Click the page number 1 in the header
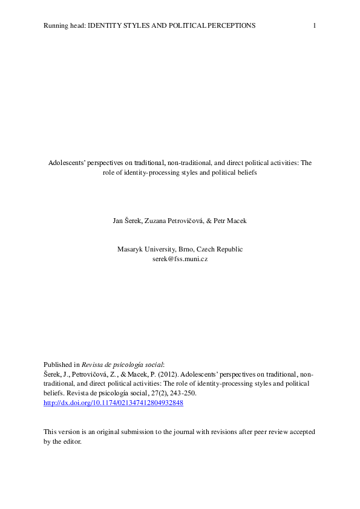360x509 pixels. [x=315, y=25]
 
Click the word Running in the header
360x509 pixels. [x=55, y=25]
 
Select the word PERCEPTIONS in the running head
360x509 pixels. [x=225, y=25]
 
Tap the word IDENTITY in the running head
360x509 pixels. [x=107, y=25]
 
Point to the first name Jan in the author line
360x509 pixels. [x=119, y=221]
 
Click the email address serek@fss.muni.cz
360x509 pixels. [x=180, y=258]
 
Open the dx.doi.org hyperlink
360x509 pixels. [x=113, y=403]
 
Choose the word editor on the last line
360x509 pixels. [x=71, y=441]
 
